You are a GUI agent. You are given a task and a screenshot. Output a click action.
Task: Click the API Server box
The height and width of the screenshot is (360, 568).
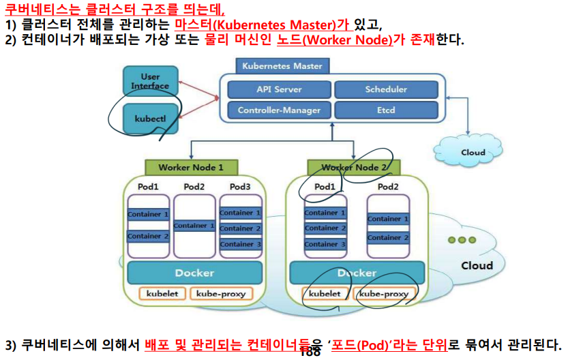coord(279,89)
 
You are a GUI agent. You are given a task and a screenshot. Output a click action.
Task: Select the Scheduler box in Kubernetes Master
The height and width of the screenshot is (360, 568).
coord(386,89)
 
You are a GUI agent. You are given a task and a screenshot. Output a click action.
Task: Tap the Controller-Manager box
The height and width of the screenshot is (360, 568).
coord(279,110)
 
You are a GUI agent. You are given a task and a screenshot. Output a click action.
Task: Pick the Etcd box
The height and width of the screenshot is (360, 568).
coord(386,110)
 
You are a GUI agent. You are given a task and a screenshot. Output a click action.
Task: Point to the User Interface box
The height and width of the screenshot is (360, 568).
coord(150,81)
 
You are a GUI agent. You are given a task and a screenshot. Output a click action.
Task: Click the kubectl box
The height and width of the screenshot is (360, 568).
coord(150,118)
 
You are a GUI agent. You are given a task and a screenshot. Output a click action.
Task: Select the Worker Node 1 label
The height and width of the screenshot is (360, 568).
coord(191,167)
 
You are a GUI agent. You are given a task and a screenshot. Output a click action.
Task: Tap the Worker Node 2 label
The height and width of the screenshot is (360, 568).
coord(353,167)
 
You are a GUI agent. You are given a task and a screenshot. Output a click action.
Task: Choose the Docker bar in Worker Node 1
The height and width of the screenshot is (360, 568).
coord(194,273)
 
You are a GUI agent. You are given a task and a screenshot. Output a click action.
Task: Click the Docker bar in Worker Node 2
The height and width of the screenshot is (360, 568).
coord(357,273)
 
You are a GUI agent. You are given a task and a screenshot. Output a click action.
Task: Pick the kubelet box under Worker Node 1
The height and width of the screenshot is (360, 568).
coord(162,294)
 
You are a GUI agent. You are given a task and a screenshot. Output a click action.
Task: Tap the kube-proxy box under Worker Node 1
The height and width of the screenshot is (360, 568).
coord(221,294)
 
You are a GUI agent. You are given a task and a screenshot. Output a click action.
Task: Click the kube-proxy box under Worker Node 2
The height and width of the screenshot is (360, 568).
coord(384,294)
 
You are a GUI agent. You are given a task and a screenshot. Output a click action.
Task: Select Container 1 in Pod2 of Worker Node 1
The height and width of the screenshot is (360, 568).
coord(194,226)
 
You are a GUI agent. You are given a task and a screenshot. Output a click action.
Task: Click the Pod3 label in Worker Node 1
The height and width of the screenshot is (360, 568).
coord(240,186)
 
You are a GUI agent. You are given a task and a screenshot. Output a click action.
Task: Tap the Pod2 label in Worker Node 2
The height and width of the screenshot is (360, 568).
coord(388,186)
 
